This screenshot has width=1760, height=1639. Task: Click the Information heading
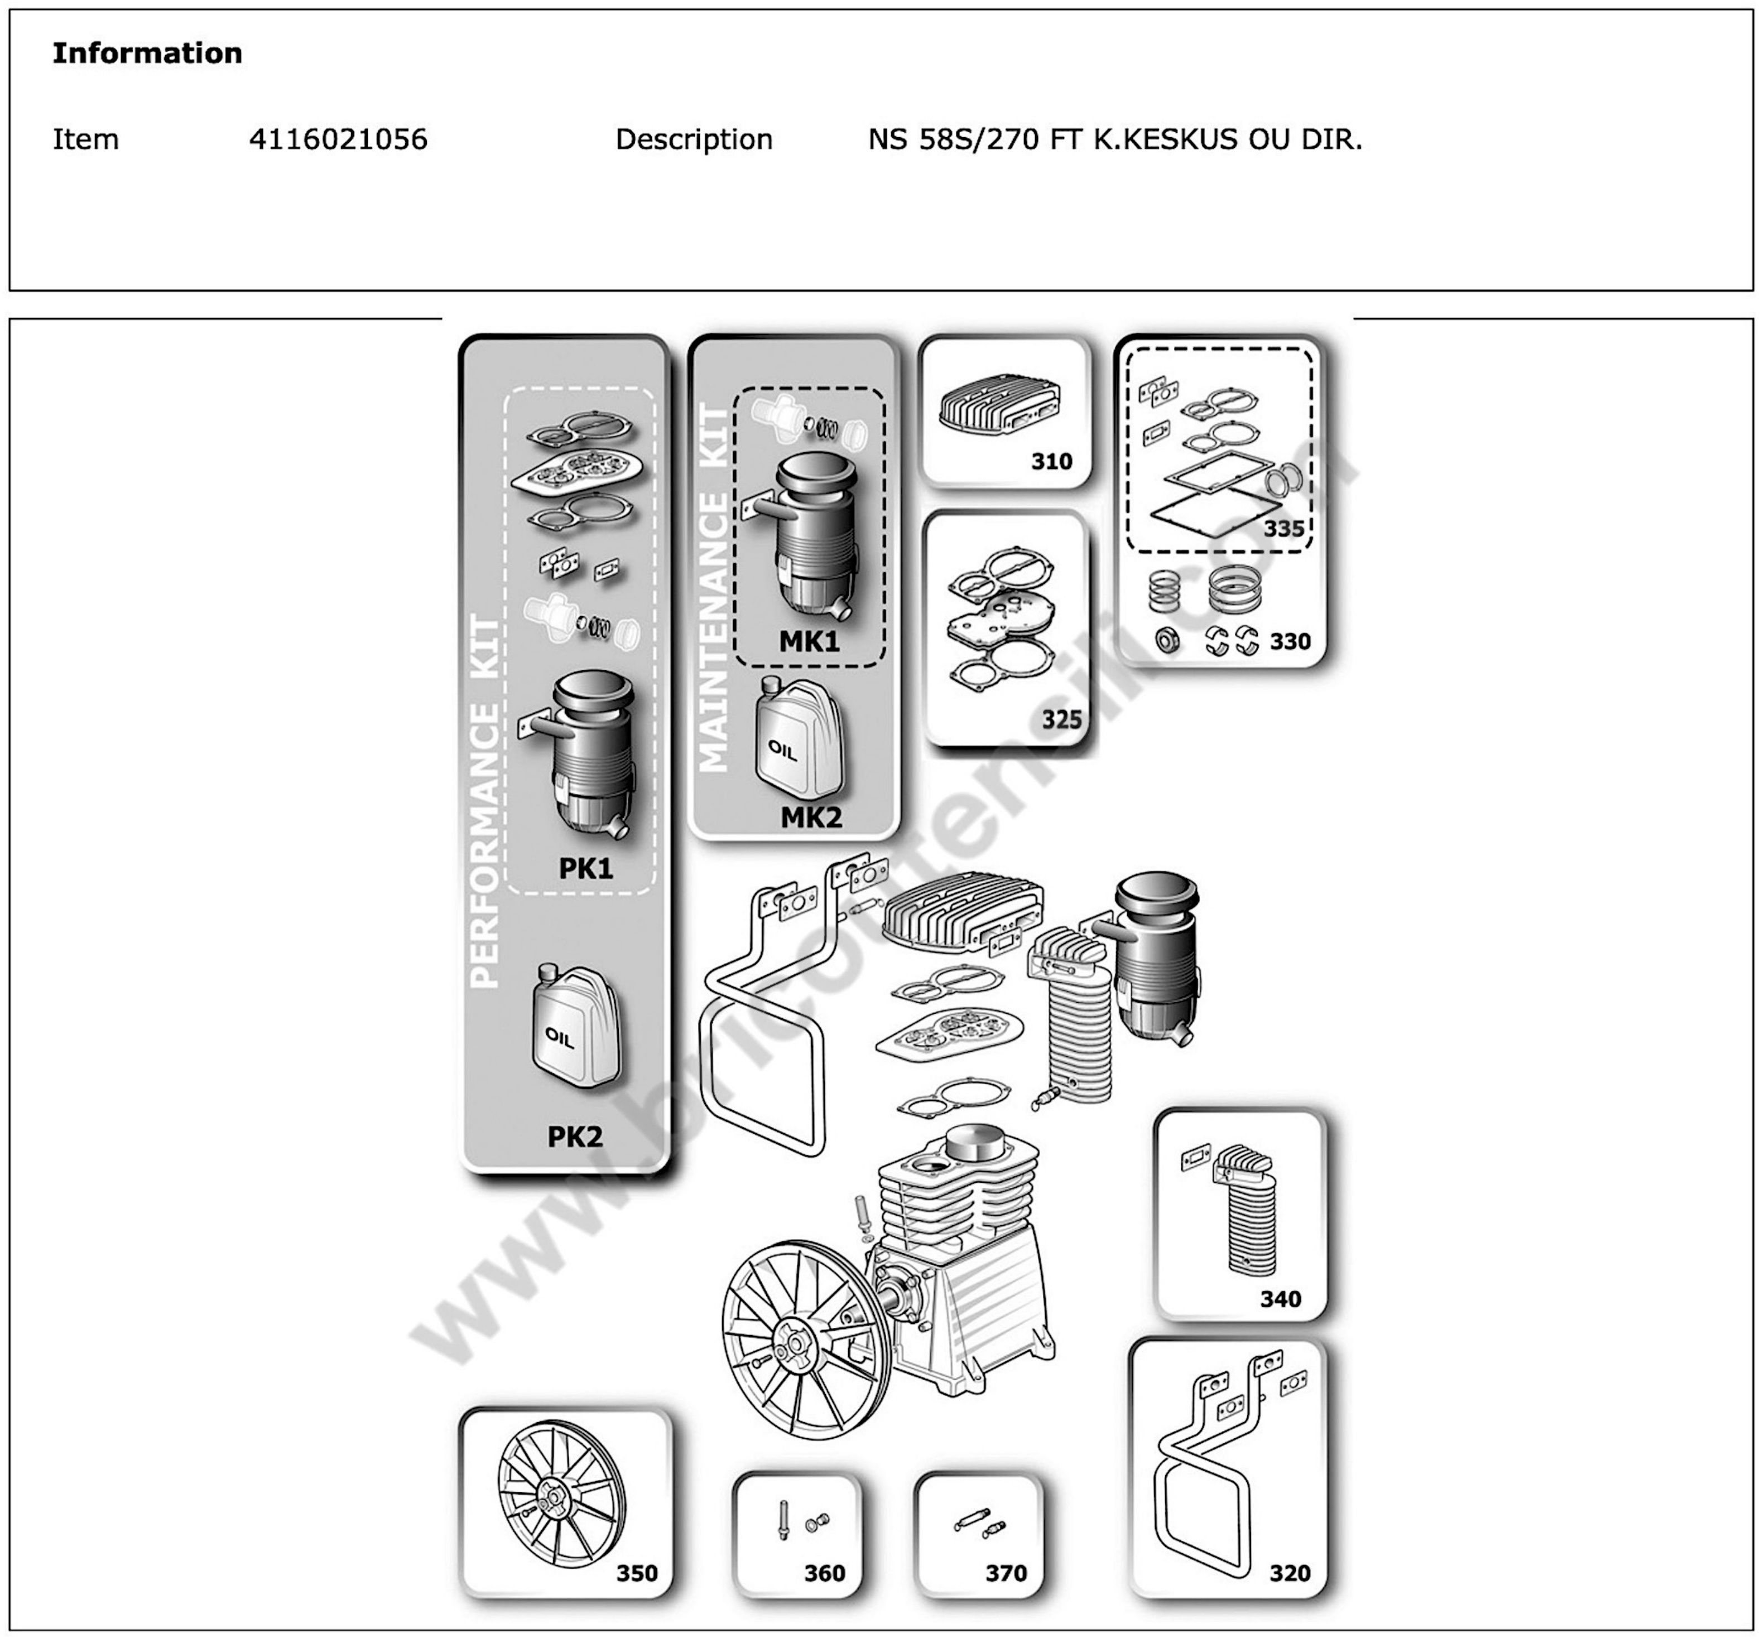[x=147, y=53]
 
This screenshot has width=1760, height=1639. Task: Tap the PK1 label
[x=585, y=868]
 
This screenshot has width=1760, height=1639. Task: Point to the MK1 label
[x=808, y=642]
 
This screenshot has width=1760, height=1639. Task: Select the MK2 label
[x=811, y=817]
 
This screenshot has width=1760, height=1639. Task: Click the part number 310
[x=1051, y=461]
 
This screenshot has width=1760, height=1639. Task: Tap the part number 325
[x=1061, y=719]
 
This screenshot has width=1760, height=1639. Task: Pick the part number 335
[x=1283, y=528]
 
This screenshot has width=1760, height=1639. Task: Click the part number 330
[x=1289, y=641]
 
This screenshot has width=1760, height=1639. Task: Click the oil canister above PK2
[x=575, y=1027]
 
